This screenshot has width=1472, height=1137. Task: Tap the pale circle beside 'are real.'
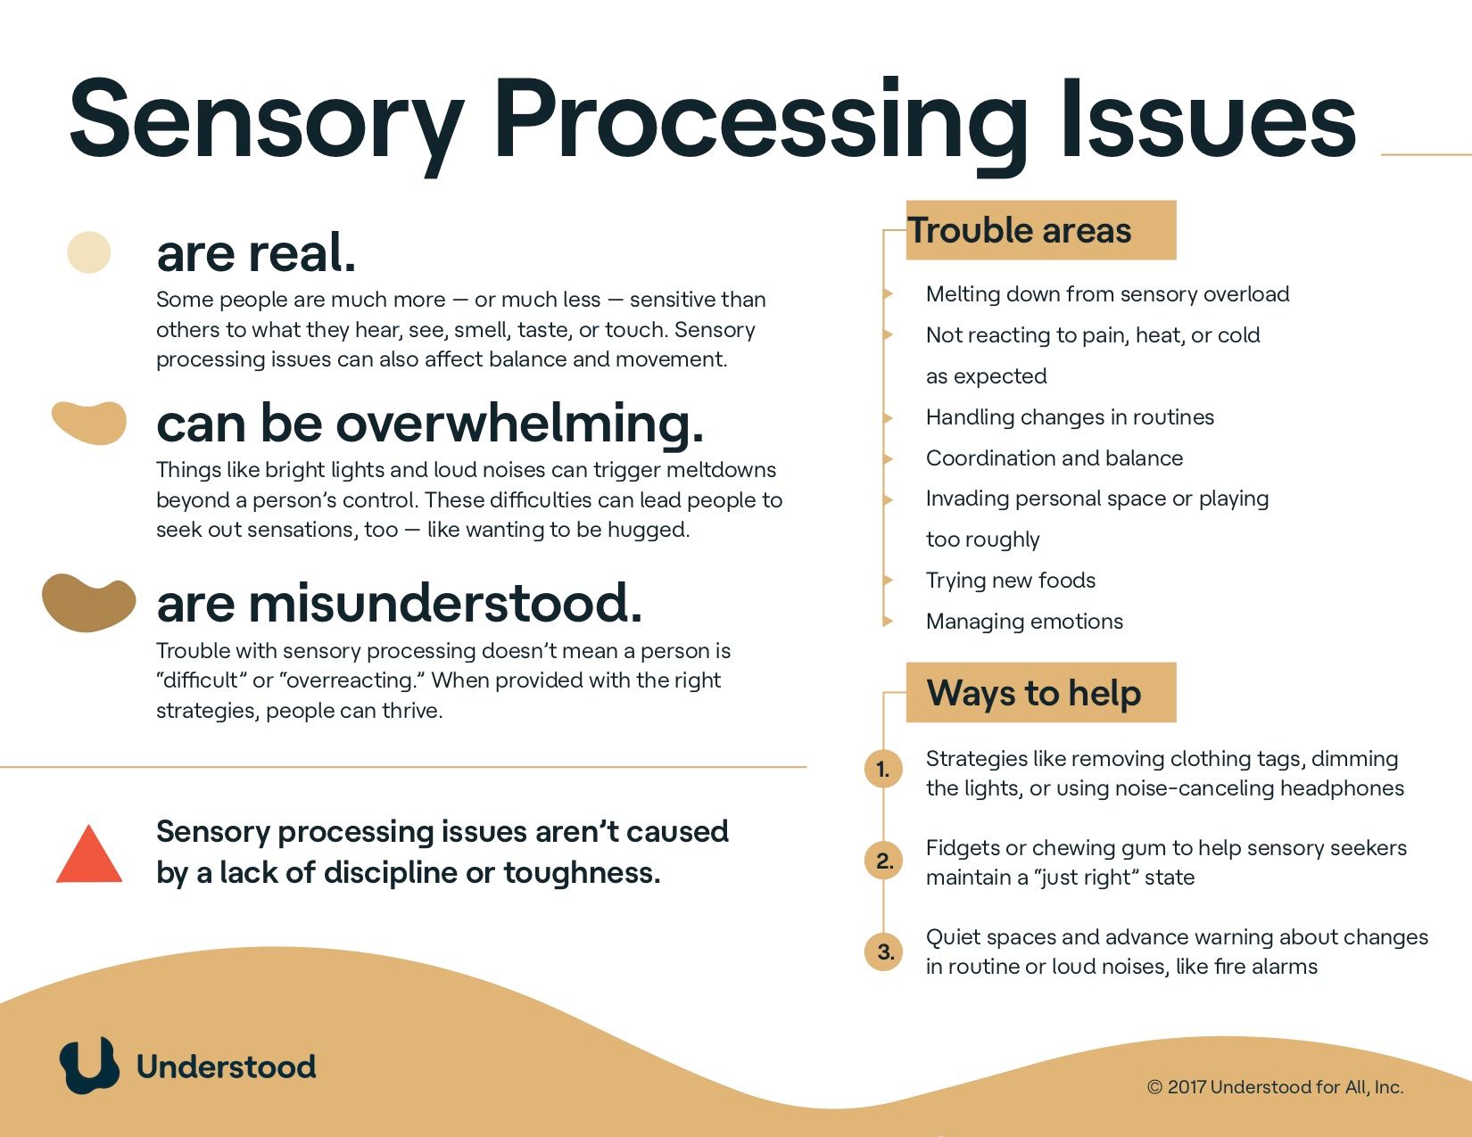pos(88,251)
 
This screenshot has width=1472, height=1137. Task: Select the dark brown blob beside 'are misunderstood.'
pos(88,603)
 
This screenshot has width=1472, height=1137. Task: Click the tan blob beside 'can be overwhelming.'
pos(89,423)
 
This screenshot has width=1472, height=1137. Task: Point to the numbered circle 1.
pos(883,769)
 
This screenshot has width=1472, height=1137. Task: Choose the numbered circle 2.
pos(883,861)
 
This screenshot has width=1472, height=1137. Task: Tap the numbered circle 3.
pos(883,952)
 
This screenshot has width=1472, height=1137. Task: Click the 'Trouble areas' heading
pos(1020,230)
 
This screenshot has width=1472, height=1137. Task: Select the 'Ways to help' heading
pos(1034,693)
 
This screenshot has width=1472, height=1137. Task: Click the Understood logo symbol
pos(89,1065)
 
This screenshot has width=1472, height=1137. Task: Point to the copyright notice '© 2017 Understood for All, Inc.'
pos(1275,1087)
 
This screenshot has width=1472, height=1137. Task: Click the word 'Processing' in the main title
pos(761,124)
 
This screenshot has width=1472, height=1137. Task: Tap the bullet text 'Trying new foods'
pos(1010,581)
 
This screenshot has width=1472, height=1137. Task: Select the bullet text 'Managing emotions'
pos(1024,622)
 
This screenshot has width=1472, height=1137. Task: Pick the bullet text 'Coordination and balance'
pos(1054,458)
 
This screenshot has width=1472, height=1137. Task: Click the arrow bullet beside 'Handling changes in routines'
pos(888,417)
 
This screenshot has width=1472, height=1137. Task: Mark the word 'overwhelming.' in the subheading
pos(519,424)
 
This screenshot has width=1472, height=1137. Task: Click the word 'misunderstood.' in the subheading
pos(445,602)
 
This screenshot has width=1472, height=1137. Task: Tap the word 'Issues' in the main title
pos(1209,119)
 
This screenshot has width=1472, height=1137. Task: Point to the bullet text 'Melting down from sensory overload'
pos(1107,294)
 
